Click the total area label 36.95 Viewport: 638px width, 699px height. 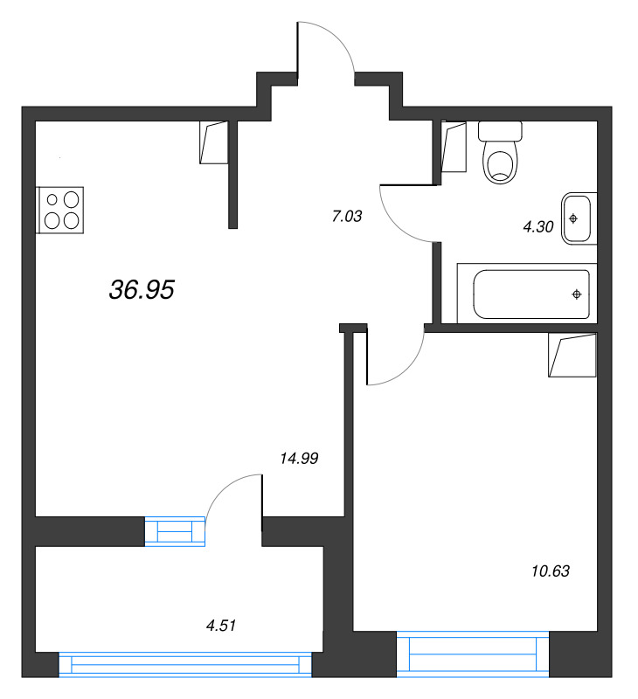[x=142, y=291]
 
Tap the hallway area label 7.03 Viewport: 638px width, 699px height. [x=345, y=216]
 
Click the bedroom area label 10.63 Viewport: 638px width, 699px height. [x=550, y=571]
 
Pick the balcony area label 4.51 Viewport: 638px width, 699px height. [x=221, y=625]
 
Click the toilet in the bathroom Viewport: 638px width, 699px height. [x=500, y=152]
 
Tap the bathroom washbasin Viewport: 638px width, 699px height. [x=579, y=217]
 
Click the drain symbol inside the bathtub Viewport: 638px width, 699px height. [x=577, y=294]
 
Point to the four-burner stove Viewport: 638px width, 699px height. [x=61, y=210]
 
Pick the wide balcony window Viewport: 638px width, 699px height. [x=185, y=664]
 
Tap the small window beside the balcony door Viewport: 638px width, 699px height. [x=175, y=531]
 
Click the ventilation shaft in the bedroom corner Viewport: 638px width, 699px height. [x=572, y=355]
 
